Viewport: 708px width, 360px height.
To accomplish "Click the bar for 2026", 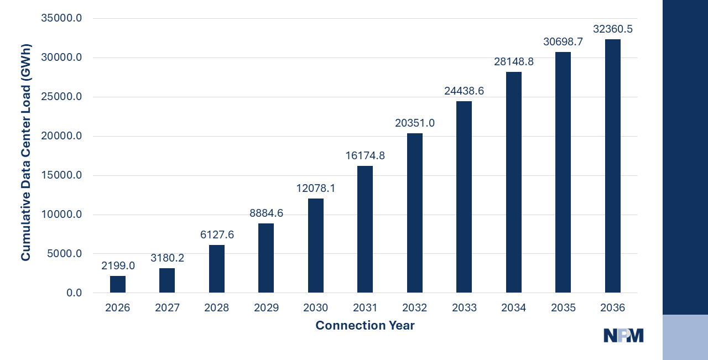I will click(118, 284).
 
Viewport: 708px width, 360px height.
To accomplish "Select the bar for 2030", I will click(316, 246).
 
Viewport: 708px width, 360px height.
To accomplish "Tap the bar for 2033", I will click(464, 197).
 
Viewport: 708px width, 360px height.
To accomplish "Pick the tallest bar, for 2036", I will click(613, 166).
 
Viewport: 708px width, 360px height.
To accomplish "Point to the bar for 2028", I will click(217, 269).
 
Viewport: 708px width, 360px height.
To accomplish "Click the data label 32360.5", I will click(613, 29).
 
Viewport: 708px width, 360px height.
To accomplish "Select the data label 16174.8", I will click(365, 156).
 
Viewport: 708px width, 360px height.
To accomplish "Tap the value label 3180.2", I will click(167, 258).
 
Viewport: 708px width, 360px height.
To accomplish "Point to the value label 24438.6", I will click(464, 91).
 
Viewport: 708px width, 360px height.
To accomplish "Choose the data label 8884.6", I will click(266, 213).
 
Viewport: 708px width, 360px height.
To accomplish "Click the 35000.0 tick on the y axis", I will click(61, 18).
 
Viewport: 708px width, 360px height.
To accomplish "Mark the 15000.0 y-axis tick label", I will click(61, 175).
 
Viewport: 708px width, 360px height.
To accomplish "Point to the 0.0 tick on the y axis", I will click(74, 293).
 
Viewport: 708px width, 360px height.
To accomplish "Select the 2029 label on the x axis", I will click(266, 308).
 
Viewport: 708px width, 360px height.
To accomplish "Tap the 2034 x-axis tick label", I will click(514, 308).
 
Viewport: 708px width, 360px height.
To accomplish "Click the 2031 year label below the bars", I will click(365, 308).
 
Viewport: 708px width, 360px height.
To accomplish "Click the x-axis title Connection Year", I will click(365, 326).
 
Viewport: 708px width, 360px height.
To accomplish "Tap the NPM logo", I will click(623, 336).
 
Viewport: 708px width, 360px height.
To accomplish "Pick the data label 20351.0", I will click(415, 123).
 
